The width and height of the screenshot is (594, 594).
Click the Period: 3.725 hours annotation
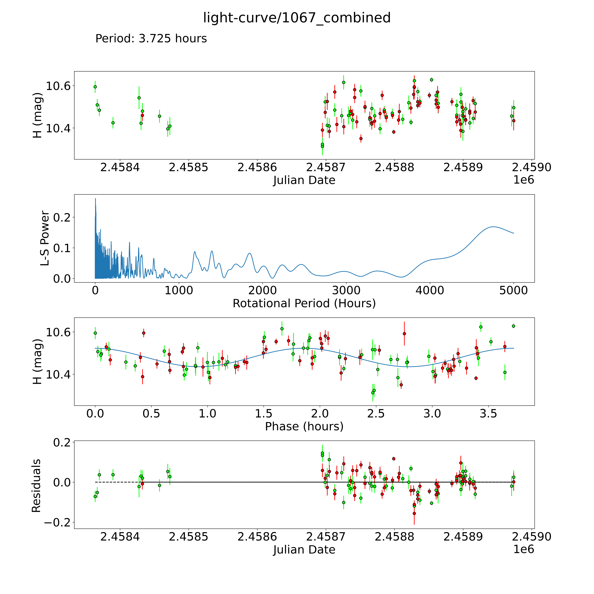coord(151,39)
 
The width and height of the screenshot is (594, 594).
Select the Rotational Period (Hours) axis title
coord(304,303)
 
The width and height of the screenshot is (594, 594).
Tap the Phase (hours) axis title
coord(304,426)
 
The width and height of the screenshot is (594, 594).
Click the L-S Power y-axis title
coord(45,238)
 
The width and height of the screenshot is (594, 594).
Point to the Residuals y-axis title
coord(36,486)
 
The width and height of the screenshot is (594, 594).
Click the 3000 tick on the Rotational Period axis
coord(346,291)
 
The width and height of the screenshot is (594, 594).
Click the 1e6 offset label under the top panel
coord(524,180)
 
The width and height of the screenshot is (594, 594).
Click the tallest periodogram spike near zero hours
coord(95,199)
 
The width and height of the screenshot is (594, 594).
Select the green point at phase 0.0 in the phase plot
coord(95,333)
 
